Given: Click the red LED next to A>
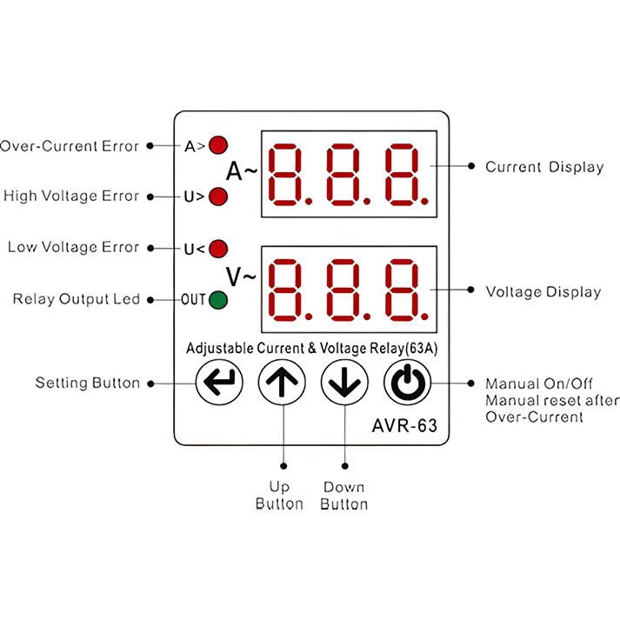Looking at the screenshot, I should click(x=218, y=145).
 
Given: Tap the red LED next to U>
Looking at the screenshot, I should click(x=218, y=197).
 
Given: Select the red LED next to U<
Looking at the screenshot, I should click(x=218, y=250).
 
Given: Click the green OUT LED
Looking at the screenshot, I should click(x=218, y=300).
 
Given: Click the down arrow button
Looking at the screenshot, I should click(x=343, y=383).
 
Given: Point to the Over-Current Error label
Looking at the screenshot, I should click(x=70, y=146).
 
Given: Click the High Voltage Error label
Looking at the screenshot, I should click(x=71, y=197).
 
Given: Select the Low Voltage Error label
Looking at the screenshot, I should click(x=73, y=248).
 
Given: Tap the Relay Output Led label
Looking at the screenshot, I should click(x=77, y=299).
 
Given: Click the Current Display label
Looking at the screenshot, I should click(x=544, y=167).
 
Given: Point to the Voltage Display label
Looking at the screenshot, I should click(x=543, y=291).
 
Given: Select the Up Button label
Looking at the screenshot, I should click(x=279, y=496).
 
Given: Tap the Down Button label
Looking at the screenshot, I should click(x=343, y=496).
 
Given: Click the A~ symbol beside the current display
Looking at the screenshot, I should click(x=241, y=170).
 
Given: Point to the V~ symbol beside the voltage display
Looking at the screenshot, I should click(x=241, y=277).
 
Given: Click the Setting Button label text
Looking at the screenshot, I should click(x=87, y=383).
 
